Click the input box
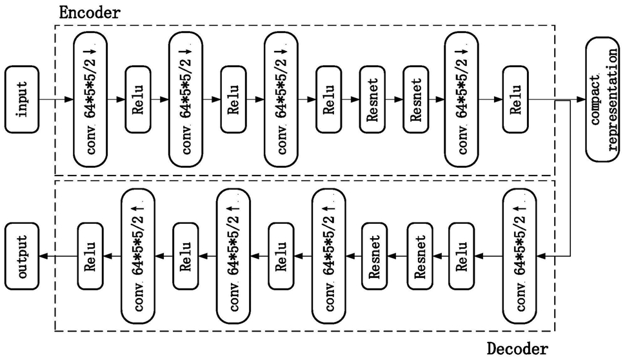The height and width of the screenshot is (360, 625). click(x=22, y=99)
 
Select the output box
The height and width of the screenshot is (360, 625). click(x=22, y=256)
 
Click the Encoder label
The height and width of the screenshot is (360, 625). click(x=89, y=12)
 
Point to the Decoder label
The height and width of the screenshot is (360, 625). click(x=517, y=349)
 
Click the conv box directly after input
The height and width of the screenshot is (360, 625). click(x=90, y=99)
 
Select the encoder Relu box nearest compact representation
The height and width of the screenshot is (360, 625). click(x=515, y=99)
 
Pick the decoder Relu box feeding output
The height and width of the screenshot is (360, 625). click(x=90, y=256)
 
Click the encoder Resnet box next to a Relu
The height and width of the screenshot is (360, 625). click(x=372, y=99)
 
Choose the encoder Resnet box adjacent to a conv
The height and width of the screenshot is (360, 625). click(x=416, y=99)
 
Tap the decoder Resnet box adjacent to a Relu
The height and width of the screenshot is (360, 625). click(x=421, y=256)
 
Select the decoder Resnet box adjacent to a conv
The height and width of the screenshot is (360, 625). click(x=374, y=256)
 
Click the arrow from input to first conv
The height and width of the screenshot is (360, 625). click(x=56, y=99)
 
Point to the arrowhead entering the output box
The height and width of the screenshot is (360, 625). click(x=43, y=256)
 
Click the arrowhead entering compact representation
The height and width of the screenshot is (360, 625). click(x=581, y=99)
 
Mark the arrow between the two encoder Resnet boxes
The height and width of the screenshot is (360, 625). click(x=394, y=99)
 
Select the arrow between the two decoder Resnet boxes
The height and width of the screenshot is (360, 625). click(x=397, y=256)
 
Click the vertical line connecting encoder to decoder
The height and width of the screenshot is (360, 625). click(x=571, y=178)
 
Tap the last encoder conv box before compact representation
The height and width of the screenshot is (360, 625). click(x=462, y=99)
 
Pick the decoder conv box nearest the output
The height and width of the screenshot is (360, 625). click(x=138, y=256)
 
